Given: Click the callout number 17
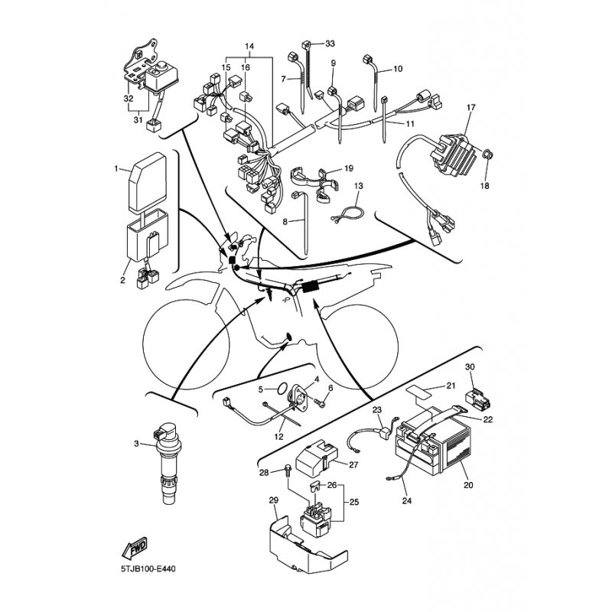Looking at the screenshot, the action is click(470, 107).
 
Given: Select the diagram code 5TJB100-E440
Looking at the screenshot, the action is click(148, 569).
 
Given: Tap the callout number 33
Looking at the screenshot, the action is click(330, 44).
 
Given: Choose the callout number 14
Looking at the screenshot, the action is click(249, 47).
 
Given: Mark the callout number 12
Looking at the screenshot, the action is click(279, 437).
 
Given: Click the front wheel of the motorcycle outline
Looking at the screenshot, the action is click(186, 344).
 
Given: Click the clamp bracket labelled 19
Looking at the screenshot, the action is click(314, 183).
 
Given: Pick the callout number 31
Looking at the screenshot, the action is click(138, 120).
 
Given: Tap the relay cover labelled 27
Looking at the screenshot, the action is click(317, 457).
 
